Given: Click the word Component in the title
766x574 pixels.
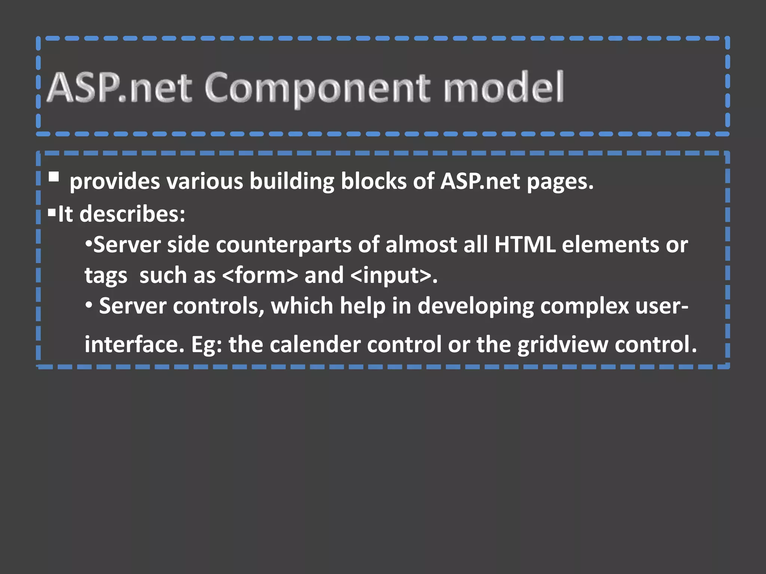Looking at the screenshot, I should click(317, 88).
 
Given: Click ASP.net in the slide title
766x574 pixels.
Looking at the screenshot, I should click(119, 87).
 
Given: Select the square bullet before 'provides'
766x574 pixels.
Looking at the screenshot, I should click(54, 176).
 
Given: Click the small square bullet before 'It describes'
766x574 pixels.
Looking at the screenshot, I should click(52, 213).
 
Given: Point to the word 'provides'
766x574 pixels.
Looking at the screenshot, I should click(114, 182).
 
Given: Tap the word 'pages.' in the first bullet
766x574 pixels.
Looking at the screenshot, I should click(560, 182).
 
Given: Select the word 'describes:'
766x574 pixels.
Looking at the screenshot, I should click(132, 214).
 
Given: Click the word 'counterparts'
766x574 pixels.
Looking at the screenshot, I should click(284, 245).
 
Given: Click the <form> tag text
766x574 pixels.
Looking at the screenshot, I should click(260, 276).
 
